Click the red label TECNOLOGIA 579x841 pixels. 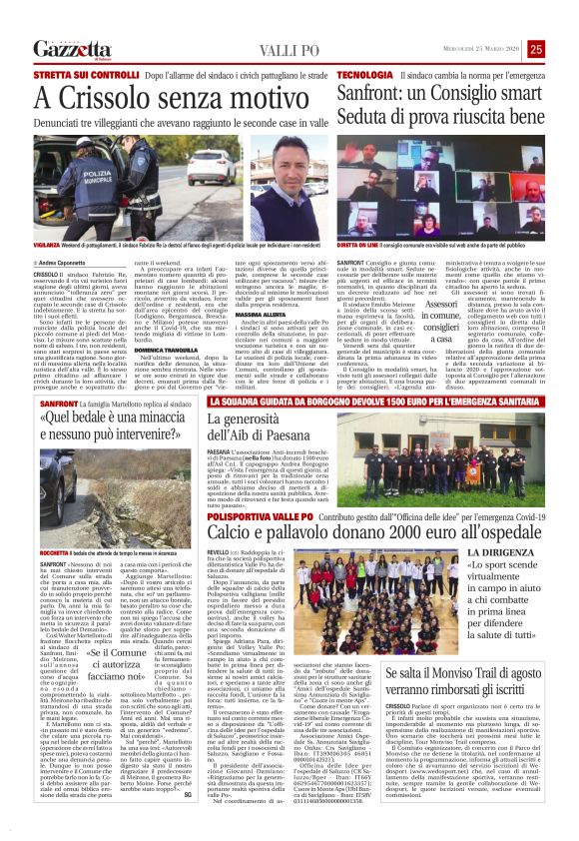pyautogui.click(x=364, y=76)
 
